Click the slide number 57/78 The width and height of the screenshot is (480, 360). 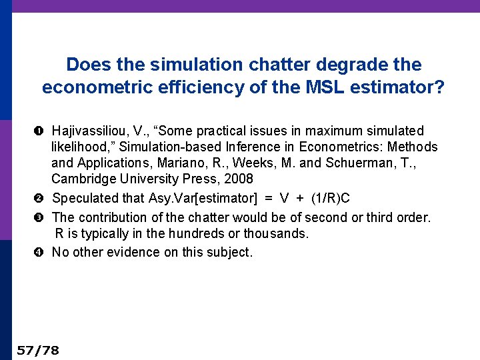pyautogui.click(x=38, y=350)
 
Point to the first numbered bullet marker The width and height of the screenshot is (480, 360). pyautogui.click(x=42, y=131)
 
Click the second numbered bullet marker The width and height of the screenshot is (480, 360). pyautogui.click(x=42, y=199)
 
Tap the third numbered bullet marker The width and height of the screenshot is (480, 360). pyautogui.click(x=42, y=218)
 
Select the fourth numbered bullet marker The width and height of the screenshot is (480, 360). pyautogui.click(x=42, y=253)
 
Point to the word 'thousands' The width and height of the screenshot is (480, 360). pyautogui.click(x=277, y=233)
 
